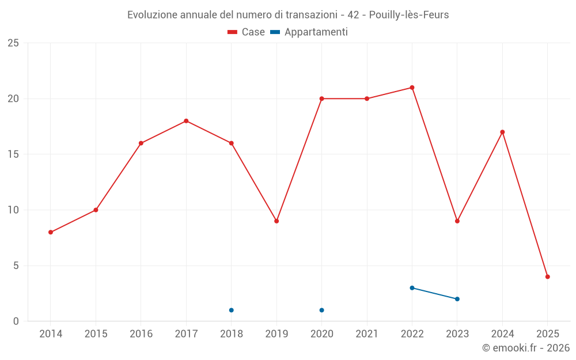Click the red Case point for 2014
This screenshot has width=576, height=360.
tap(51, 232)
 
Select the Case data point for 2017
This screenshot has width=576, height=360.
tap(186, 121)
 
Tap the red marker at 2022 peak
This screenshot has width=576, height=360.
tap(412, 88)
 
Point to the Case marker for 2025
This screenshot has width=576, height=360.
tap(547, 276)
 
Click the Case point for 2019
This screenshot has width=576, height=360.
tap(276, 221)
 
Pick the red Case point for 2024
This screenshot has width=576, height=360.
tap(502, 132)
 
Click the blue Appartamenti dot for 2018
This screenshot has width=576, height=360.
tap(231, 310)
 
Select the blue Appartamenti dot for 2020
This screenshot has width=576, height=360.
tap(321, 310)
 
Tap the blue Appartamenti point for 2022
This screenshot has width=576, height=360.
tap(412, 288)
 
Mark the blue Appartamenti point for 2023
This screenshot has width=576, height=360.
tap(457, 299)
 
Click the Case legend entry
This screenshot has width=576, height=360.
tap(247, 32)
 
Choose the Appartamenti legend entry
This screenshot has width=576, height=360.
tap(309, 32)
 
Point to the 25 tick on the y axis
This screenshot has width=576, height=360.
tap(13, 43)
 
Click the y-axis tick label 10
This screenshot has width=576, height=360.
tap(13, 210)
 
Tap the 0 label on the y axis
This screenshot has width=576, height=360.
tap(16, 321)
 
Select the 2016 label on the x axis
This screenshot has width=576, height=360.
tap(141, 334)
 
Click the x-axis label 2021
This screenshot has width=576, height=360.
tap(366, 334)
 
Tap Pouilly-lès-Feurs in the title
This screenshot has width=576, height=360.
tap(408, 15)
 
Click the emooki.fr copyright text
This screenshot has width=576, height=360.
tap(526, 348)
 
